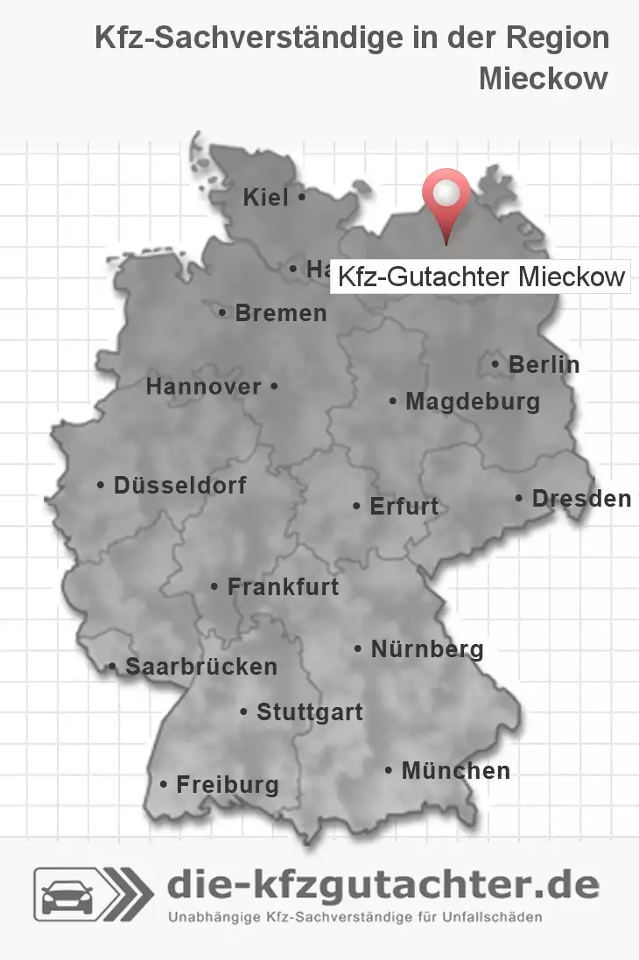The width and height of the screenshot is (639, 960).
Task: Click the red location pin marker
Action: coord(446,197)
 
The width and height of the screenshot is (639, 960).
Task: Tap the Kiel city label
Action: coord(266,198)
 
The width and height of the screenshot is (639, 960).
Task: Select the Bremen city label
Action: coord(280,312)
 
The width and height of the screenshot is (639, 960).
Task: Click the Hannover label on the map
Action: coord(204,386)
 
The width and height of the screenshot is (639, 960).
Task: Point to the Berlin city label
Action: coord(544,364)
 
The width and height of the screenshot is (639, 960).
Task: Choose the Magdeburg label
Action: coord(472,402)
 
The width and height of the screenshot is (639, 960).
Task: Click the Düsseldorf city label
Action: coord(179,485)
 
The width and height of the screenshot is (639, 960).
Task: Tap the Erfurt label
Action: coord(404,506)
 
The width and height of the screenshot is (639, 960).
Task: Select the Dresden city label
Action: coord(581,498)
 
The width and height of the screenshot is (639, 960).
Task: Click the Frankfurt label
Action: coord(282,586)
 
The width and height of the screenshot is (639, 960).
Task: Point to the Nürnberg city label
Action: coord(426,649)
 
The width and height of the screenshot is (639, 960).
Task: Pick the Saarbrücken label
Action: coord(200,667)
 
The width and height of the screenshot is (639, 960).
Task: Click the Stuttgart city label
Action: coord(309,712)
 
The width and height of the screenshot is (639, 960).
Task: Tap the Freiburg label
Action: coord(227,785)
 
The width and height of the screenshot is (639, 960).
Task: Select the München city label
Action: coord(455,771)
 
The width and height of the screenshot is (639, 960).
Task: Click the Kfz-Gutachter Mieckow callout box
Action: coord(481,277)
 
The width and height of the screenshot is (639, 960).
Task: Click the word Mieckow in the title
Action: coord(543,78)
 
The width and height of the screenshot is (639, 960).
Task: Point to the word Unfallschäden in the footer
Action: coord(491,918)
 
